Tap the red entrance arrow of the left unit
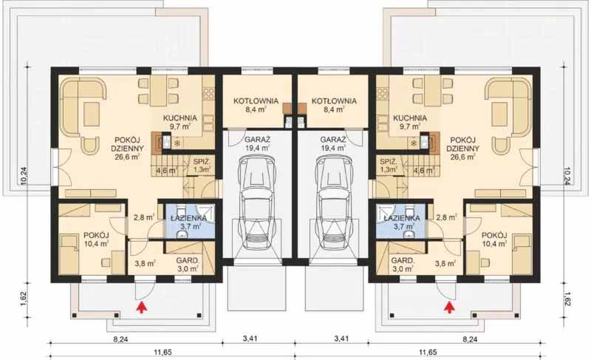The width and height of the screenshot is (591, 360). [x=141, y=305]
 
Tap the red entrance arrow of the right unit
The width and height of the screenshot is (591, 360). [x=449, y=305]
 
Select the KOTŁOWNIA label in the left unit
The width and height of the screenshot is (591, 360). [x=256, y=101]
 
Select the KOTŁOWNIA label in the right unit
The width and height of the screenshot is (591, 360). [x=334, y=101]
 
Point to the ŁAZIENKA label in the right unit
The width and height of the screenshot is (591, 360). [x=402, y=219]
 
